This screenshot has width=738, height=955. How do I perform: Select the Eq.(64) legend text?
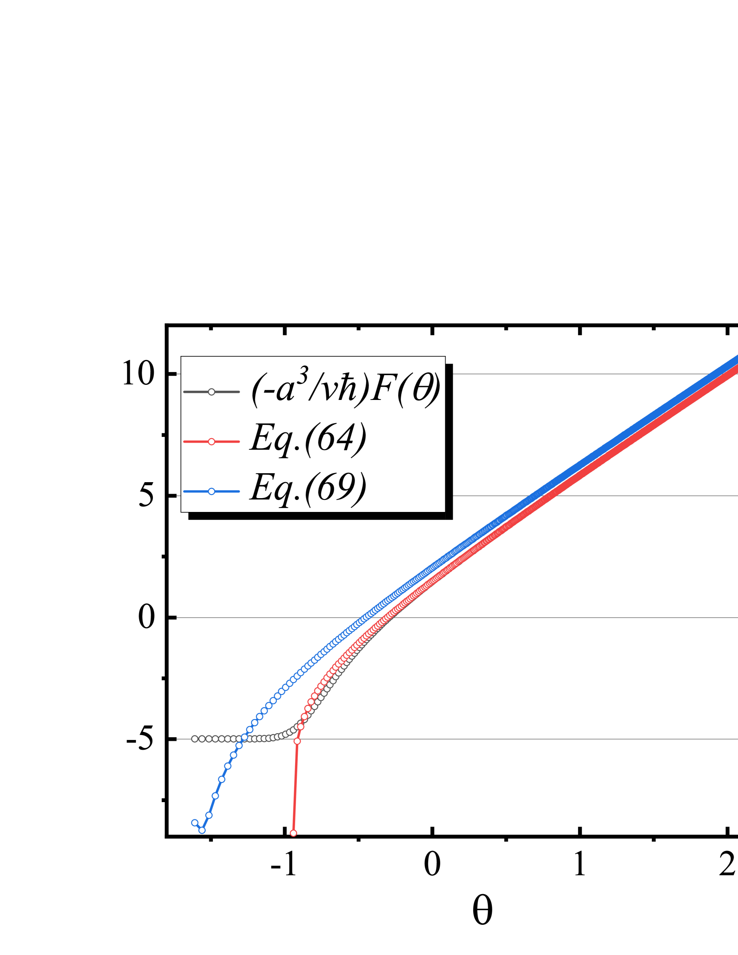(308, 439)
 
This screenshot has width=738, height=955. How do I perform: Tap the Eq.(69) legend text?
(308, 488)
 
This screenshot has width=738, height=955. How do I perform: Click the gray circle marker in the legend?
(211, 392)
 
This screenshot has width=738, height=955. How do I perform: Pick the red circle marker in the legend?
(211, 442)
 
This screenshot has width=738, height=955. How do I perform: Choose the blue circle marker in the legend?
(211, 491)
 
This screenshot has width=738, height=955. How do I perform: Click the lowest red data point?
(293, 833)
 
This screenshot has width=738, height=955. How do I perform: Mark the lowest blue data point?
(202, 830)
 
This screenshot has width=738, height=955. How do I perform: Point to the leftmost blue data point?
(195, 823)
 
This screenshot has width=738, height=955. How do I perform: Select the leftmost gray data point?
(195, 739)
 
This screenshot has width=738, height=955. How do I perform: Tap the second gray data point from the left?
(202, 739)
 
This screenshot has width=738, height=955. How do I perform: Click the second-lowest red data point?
(297, 741)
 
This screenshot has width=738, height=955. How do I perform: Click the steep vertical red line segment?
(295, 787)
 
